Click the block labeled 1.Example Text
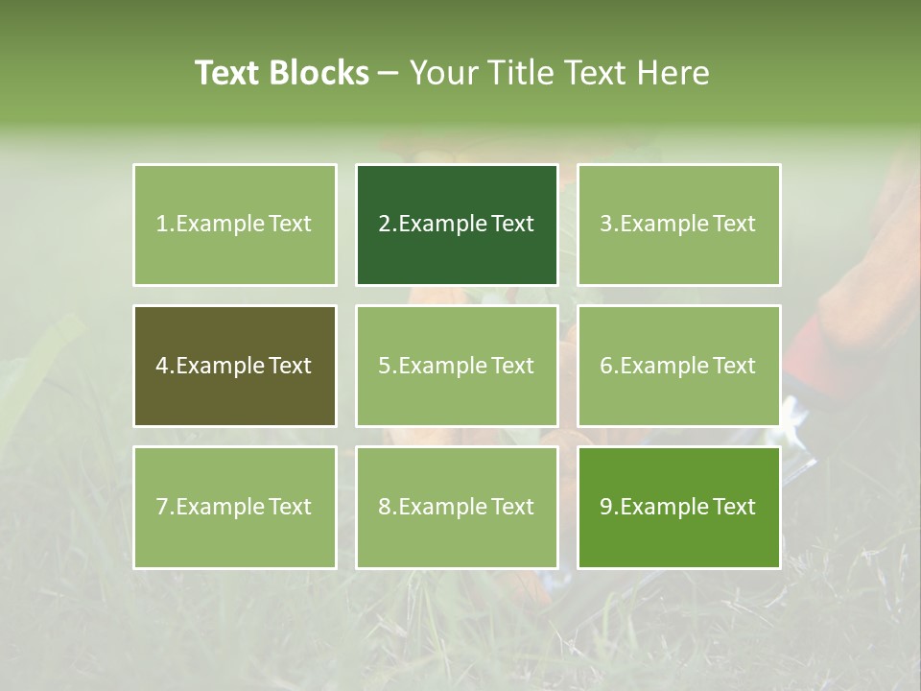pos(234,225)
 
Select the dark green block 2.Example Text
pos(457,225)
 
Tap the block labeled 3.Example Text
pos(678,225)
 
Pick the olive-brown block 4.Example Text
pos(234,366)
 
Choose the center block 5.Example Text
pos(457,366)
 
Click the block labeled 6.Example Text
pos(678,366)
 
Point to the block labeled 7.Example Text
pos(234,507)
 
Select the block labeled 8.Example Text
pos(457,507)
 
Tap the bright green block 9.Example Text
pos(678,507)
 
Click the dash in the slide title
pos(389,73)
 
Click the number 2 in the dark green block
pos(384,225)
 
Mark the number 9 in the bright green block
pos(606,507)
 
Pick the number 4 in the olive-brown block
pos(162,366)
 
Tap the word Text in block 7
pos(290,507)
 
